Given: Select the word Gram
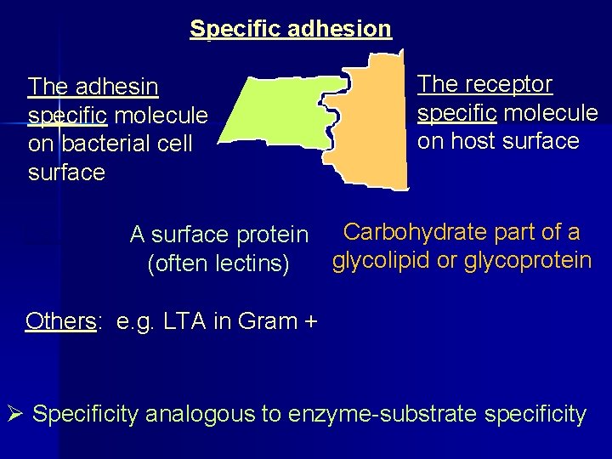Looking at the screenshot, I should click(x=264, y=321).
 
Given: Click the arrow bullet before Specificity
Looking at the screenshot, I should click(x=15, y=415).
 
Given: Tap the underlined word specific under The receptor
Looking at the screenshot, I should click(x=455, y=113).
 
